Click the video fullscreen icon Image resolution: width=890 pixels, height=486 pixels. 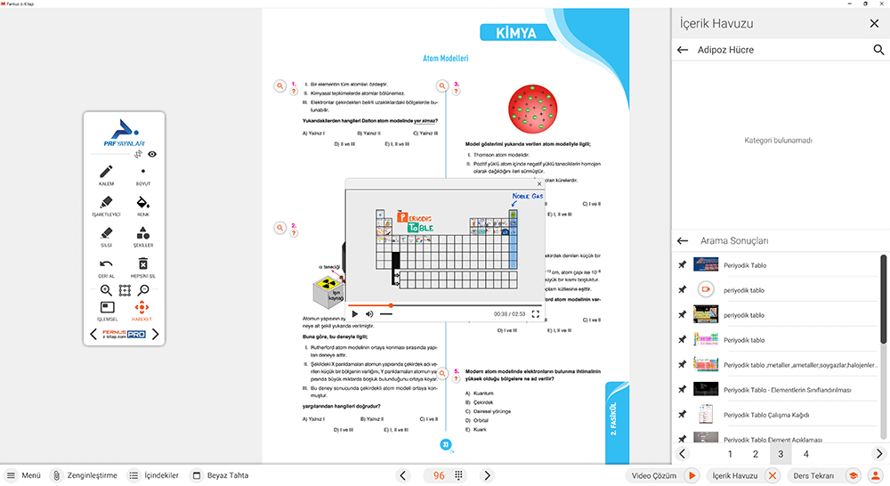coord(536,313)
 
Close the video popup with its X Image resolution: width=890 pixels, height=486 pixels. coord(539,183)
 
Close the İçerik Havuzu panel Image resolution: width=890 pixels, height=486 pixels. coord(873,24)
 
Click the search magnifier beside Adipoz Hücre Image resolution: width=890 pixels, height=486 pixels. coord(878,51)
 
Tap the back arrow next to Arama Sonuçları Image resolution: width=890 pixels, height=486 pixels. coord(683,240)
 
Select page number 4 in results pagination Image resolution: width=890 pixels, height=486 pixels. coord(805,454)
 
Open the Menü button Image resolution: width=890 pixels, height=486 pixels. coord(24,475)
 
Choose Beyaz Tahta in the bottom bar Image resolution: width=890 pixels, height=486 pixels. coord(220,475)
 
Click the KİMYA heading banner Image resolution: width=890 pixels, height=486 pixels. coord(513,33)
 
